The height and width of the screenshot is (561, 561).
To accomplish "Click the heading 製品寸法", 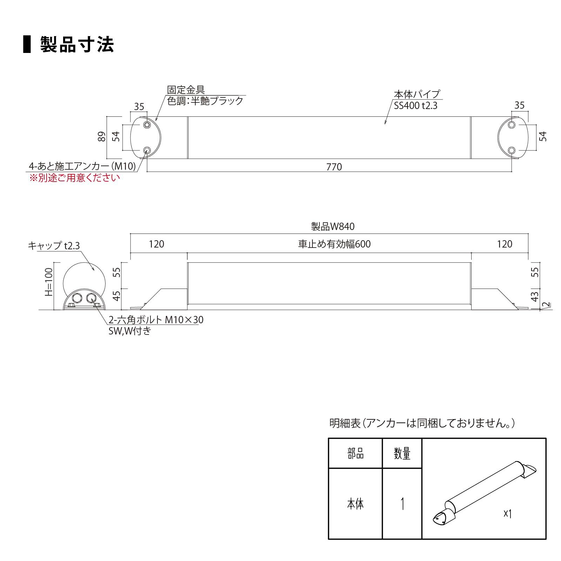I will click(77, 45).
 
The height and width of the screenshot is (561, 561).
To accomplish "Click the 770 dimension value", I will click(334, 167).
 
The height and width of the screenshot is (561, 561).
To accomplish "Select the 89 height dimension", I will click(101, 136).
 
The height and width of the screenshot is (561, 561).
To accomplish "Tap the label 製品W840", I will click(333, 227).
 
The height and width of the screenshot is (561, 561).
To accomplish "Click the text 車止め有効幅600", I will click(334, 244).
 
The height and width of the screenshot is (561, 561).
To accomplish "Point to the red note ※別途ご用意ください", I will click(74, 178).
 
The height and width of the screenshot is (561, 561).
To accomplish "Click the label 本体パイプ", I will click(417, 94).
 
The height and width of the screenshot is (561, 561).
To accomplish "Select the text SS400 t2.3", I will click(415, 106).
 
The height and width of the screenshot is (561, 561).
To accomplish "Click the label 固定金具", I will click(186, 90).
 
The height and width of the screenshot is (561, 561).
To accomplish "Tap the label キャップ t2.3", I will click(54, 246).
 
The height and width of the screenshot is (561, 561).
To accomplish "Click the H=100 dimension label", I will click(49, 282).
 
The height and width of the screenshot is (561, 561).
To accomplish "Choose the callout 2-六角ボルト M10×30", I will click(156, 320).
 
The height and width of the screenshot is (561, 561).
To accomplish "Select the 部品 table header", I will click(355, 454).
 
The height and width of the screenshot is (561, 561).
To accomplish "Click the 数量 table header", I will click(402, 454).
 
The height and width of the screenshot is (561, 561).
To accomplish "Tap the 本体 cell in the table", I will click(355, 504).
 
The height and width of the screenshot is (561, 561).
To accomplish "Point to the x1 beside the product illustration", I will click(508, 514).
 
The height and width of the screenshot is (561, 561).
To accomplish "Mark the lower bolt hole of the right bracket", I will click(512, 150).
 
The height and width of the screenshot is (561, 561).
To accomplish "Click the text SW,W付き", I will click(130, 331).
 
